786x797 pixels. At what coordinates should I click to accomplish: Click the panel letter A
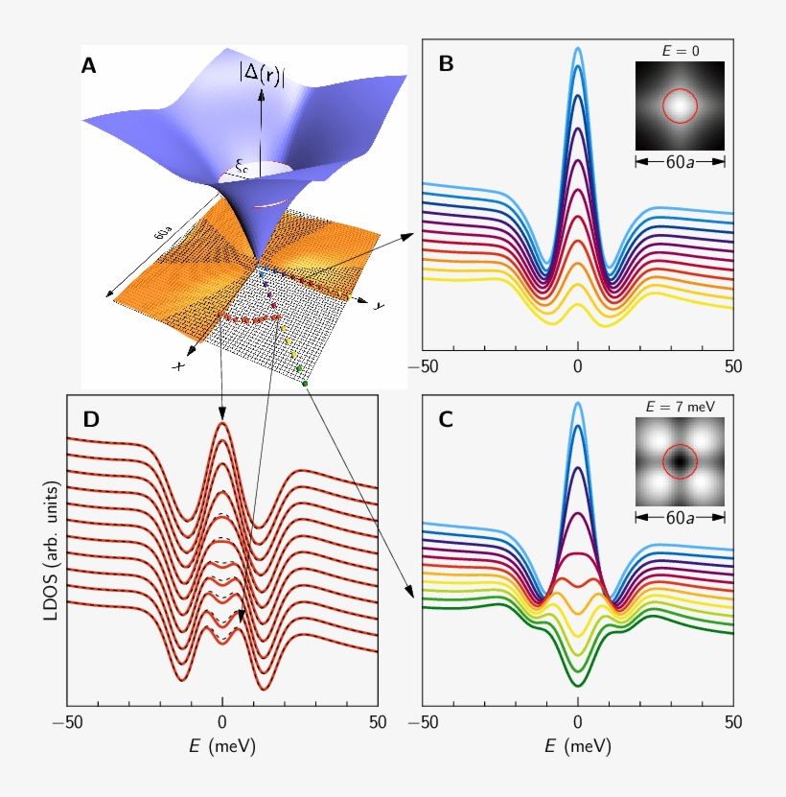tap(89, 66)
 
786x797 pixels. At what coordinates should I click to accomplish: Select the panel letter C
tap(446, 419)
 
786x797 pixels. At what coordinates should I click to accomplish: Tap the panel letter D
tap(91, 419)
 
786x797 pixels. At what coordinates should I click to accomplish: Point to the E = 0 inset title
tap(680, 50)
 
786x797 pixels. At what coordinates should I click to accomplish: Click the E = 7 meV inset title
tap(680, 406)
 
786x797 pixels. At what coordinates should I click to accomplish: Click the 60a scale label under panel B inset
tap(680, 162)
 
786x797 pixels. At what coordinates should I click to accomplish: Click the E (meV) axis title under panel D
tap(222, 744)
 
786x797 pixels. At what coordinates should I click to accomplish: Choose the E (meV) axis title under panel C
tap(578, 744)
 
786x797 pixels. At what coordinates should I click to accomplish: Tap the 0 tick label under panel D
tap(222, 721)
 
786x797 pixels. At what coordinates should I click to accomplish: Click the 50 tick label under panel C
tap(732, 721)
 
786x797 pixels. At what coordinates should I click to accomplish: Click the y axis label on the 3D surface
tap(380, 305)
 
